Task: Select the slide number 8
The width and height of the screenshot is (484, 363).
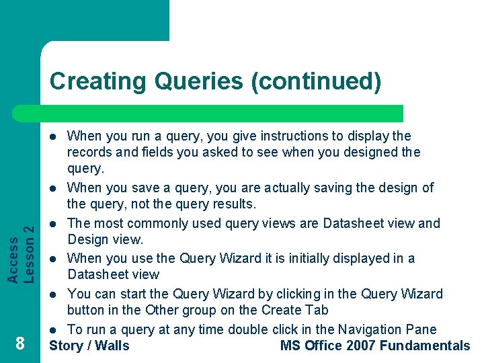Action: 20,344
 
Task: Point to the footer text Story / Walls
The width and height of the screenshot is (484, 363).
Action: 89,346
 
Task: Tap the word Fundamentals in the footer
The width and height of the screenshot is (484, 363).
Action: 425,346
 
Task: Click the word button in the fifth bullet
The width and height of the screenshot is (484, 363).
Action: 87,310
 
